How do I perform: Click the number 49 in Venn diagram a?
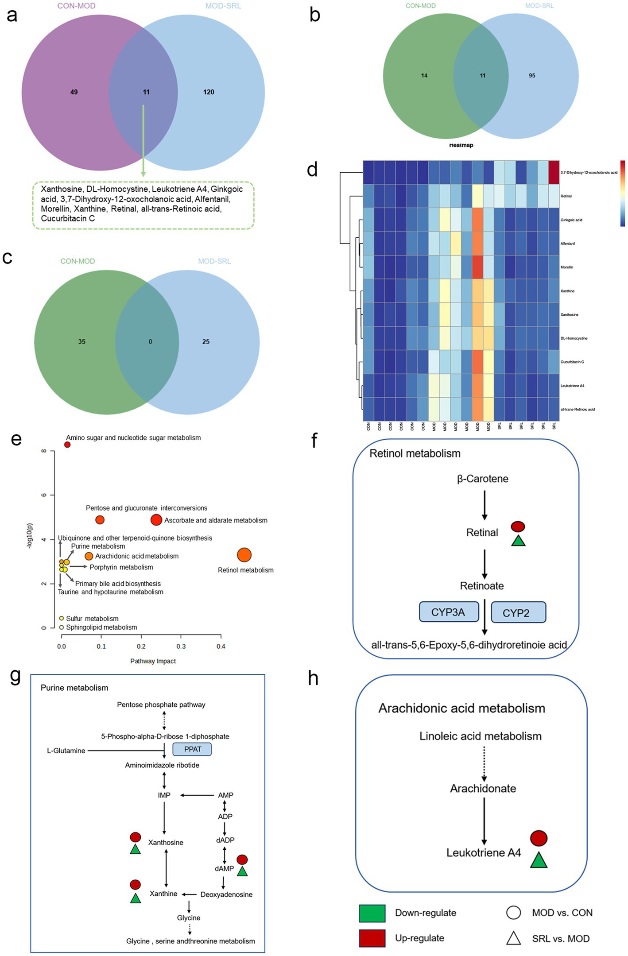(74, 92)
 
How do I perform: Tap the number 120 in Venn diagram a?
(209, 92)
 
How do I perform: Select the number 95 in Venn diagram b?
(532, 76)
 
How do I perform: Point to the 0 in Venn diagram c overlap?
(150, 342)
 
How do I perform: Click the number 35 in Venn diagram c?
(82, 342)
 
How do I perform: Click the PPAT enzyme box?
(192, 749)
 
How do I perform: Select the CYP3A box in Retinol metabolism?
(448, 612)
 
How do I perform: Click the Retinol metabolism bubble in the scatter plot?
(244, 555)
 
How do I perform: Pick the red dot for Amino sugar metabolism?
(67, 445)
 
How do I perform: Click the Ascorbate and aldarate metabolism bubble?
(156, 520)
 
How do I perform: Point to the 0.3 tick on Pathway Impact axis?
(181, 646)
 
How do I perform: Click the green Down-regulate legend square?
(372, 913)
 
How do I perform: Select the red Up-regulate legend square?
(372, 938)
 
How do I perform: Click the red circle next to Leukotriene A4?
(539, 838)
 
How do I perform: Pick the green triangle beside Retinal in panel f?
(518, 541)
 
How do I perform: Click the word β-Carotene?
(483, 479)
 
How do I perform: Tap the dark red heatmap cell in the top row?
(554, 172)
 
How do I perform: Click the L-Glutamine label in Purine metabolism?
(66, 751)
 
